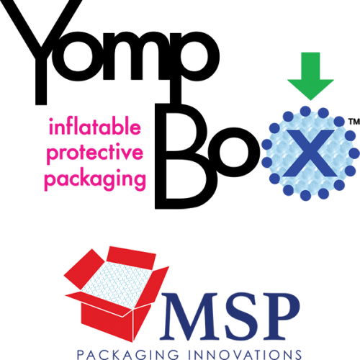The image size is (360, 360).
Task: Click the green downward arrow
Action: (310, 76)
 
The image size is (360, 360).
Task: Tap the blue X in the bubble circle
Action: (310, 153)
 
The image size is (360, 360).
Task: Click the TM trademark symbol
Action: (354, 122)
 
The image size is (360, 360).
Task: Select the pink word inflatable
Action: (95, 126)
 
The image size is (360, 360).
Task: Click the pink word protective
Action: (95, 153)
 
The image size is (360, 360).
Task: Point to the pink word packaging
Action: (95, 180)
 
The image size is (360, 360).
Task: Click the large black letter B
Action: (181, 156)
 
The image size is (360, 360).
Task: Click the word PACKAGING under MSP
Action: (128, 354)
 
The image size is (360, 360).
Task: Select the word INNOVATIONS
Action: (245, 354)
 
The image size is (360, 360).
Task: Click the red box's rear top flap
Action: (131, 257)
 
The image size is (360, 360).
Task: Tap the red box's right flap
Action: (152, 287)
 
